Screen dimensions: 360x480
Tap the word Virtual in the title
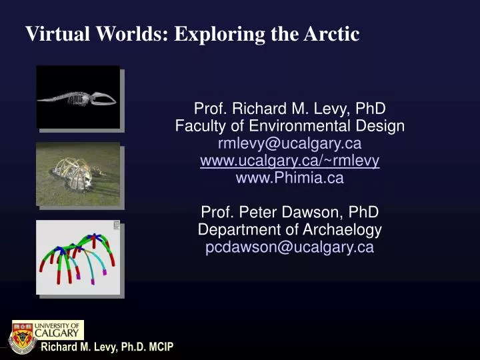point(52,34)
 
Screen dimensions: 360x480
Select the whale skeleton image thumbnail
point(78,96)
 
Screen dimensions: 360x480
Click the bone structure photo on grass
point(78,174)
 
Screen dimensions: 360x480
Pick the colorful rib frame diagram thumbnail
point(78,257)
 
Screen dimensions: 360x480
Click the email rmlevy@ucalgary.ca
point(289,143)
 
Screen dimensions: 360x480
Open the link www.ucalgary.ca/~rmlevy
point(289,161)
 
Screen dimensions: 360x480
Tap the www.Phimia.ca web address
point(289,178)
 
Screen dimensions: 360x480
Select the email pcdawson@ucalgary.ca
point(289,247)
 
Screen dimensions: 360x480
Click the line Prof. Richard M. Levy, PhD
point(289,109)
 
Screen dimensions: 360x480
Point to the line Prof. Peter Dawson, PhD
point(289,213)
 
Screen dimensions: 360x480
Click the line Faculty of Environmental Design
point(289,126)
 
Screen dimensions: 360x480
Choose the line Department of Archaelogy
point(289,230)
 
